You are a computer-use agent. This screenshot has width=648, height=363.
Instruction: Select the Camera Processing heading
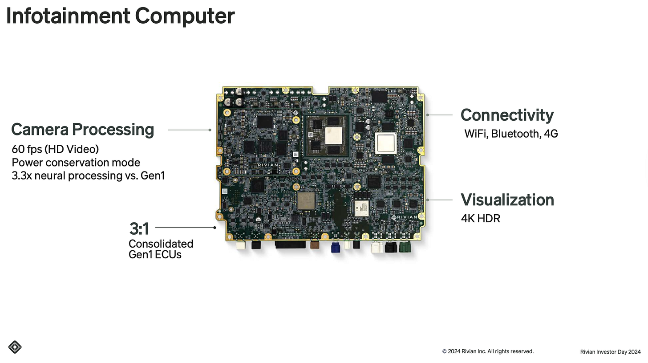tap(82, 130)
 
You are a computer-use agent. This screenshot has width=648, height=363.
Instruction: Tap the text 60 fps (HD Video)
tap(55, 149)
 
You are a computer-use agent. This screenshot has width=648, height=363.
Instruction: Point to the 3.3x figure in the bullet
tap(20, 175)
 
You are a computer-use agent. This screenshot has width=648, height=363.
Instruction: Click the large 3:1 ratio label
tap(139, 229)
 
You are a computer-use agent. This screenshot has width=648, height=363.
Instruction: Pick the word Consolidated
tap(161, 244)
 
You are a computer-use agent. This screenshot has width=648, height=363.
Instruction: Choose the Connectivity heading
tap(507, 115)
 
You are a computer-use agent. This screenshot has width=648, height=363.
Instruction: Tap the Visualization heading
tap(507, 200)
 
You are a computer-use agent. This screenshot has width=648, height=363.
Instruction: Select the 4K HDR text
tap(480, 219)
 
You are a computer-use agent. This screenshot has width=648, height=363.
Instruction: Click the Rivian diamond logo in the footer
tap(15, 347)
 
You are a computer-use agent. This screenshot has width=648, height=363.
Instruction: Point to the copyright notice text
tap(488, 351)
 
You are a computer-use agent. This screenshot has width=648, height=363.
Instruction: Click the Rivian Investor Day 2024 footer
tap(610, 352)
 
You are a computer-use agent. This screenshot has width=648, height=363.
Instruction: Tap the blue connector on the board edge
tap(336, 247)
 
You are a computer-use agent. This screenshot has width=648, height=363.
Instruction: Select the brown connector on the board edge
tap(315, 244)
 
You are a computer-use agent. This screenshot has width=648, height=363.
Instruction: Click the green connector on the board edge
tap(405, 247)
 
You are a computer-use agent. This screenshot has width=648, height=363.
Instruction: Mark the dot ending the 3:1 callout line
tap(215, 228)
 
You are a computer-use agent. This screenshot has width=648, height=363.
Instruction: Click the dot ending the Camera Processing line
tap(210, 130)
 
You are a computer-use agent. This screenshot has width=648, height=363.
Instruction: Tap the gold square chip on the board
tap(306, 201)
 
